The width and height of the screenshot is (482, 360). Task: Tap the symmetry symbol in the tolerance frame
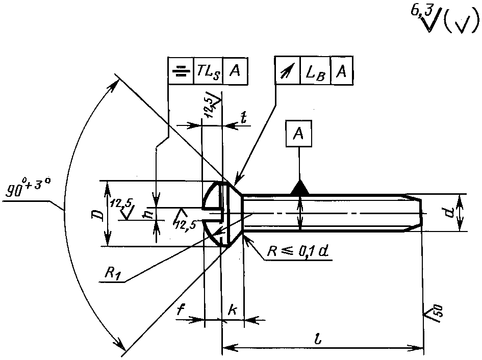181,71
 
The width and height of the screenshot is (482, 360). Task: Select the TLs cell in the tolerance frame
209,71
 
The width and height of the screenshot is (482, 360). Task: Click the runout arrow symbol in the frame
287,71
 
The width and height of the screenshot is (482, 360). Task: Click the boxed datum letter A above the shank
298,133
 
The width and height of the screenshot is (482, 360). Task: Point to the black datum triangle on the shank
300,188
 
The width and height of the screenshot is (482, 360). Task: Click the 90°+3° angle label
28,187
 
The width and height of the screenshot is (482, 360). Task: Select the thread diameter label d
450,212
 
